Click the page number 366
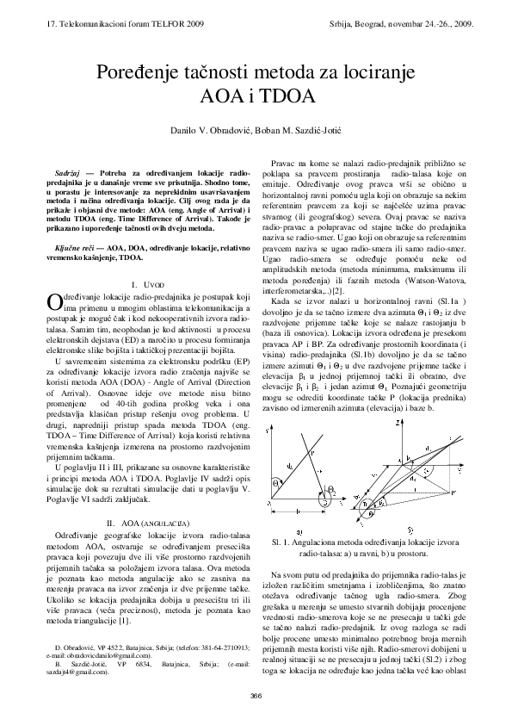pos(256,696)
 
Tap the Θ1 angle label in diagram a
pos(276,484)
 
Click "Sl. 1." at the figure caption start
pos(282,543)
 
